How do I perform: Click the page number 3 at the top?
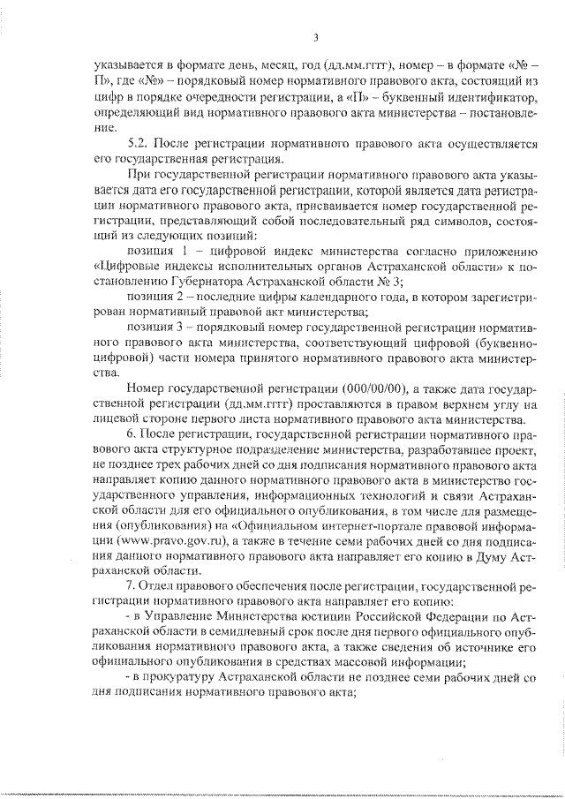(x=315, y=36)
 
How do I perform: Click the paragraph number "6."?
(x=132, y=436)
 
